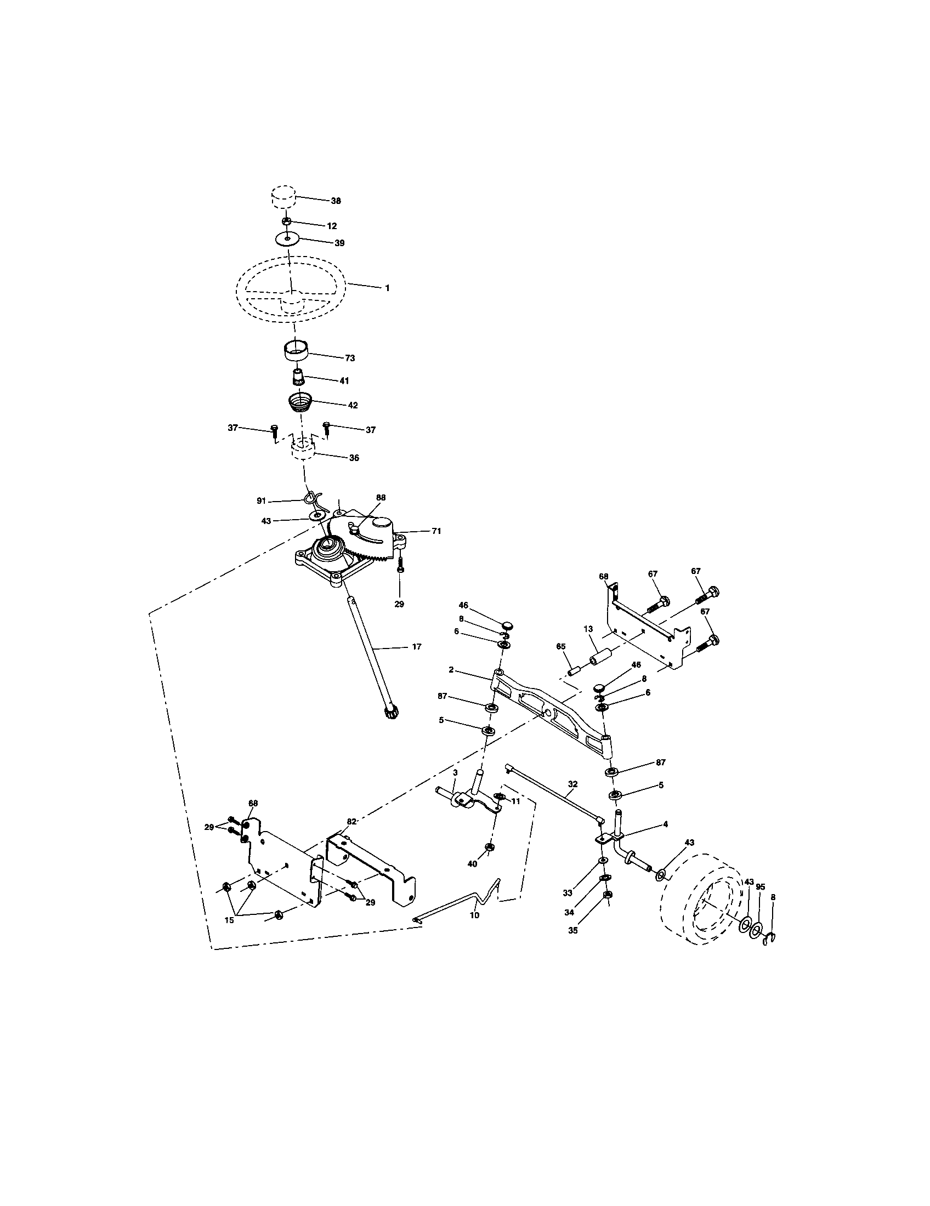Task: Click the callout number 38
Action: (x=336, y=201)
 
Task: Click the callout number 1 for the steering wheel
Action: (x=387, y=288)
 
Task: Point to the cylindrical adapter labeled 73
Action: (x=295, y=351)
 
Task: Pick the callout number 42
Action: (x=352, y=405)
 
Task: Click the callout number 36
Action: (x=354, y=458)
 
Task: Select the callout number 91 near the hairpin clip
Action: (x=261, y=501)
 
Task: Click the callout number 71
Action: (x=436, y=531)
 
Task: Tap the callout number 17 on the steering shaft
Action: (x=416, y=647)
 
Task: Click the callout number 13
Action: (x=588, y=629)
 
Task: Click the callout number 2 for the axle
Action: (x=451, y=670)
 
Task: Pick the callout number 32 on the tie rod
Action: (x=572, y=783)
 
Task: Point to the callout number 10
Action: (x=474, y=915)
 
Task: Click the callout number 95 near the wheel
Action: (x=761, y=888)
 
